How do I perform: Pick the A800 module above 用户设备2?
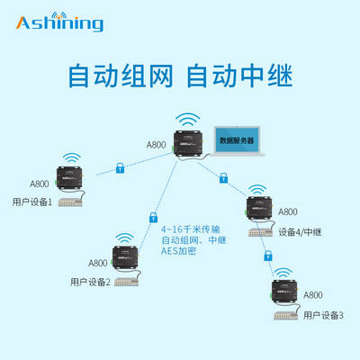point(125,258)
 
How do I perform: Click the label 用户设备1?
point(32,202)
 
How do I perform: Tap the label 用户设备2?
point(89,282)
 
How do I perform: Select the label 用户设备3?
point(323,315)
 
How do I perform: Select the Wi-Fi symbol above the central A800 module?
point(186,118)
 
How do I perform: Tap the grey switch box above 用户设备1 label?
point(73,202)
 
